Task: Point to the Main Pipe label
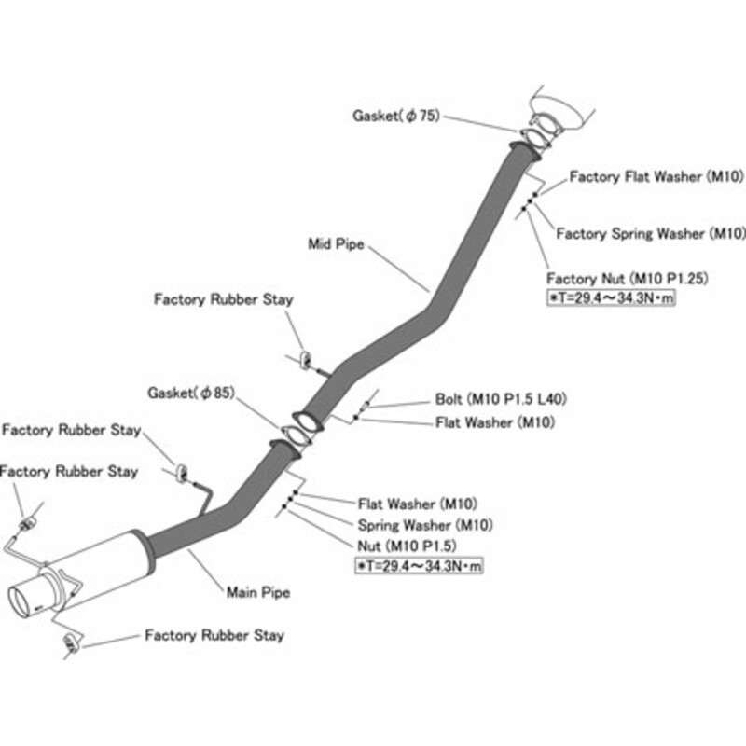(x=258, y=591)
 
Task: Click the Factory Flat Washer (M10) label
(x=656, y=175)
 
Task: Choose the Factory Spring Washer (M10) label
(x=651, y=233)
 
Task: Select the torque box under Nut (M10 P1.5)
(x=418, y=564)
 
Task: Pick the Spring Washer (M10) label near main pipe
(x=425, y=524)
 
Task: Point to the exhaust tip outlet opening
(x=25, y=600)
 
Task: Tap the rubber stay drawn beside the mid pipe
(x=305, y=359)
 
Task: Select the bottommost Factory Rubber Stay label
(x=214, y=636)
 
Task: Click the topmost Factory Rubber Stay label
(x=224, y=300)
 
